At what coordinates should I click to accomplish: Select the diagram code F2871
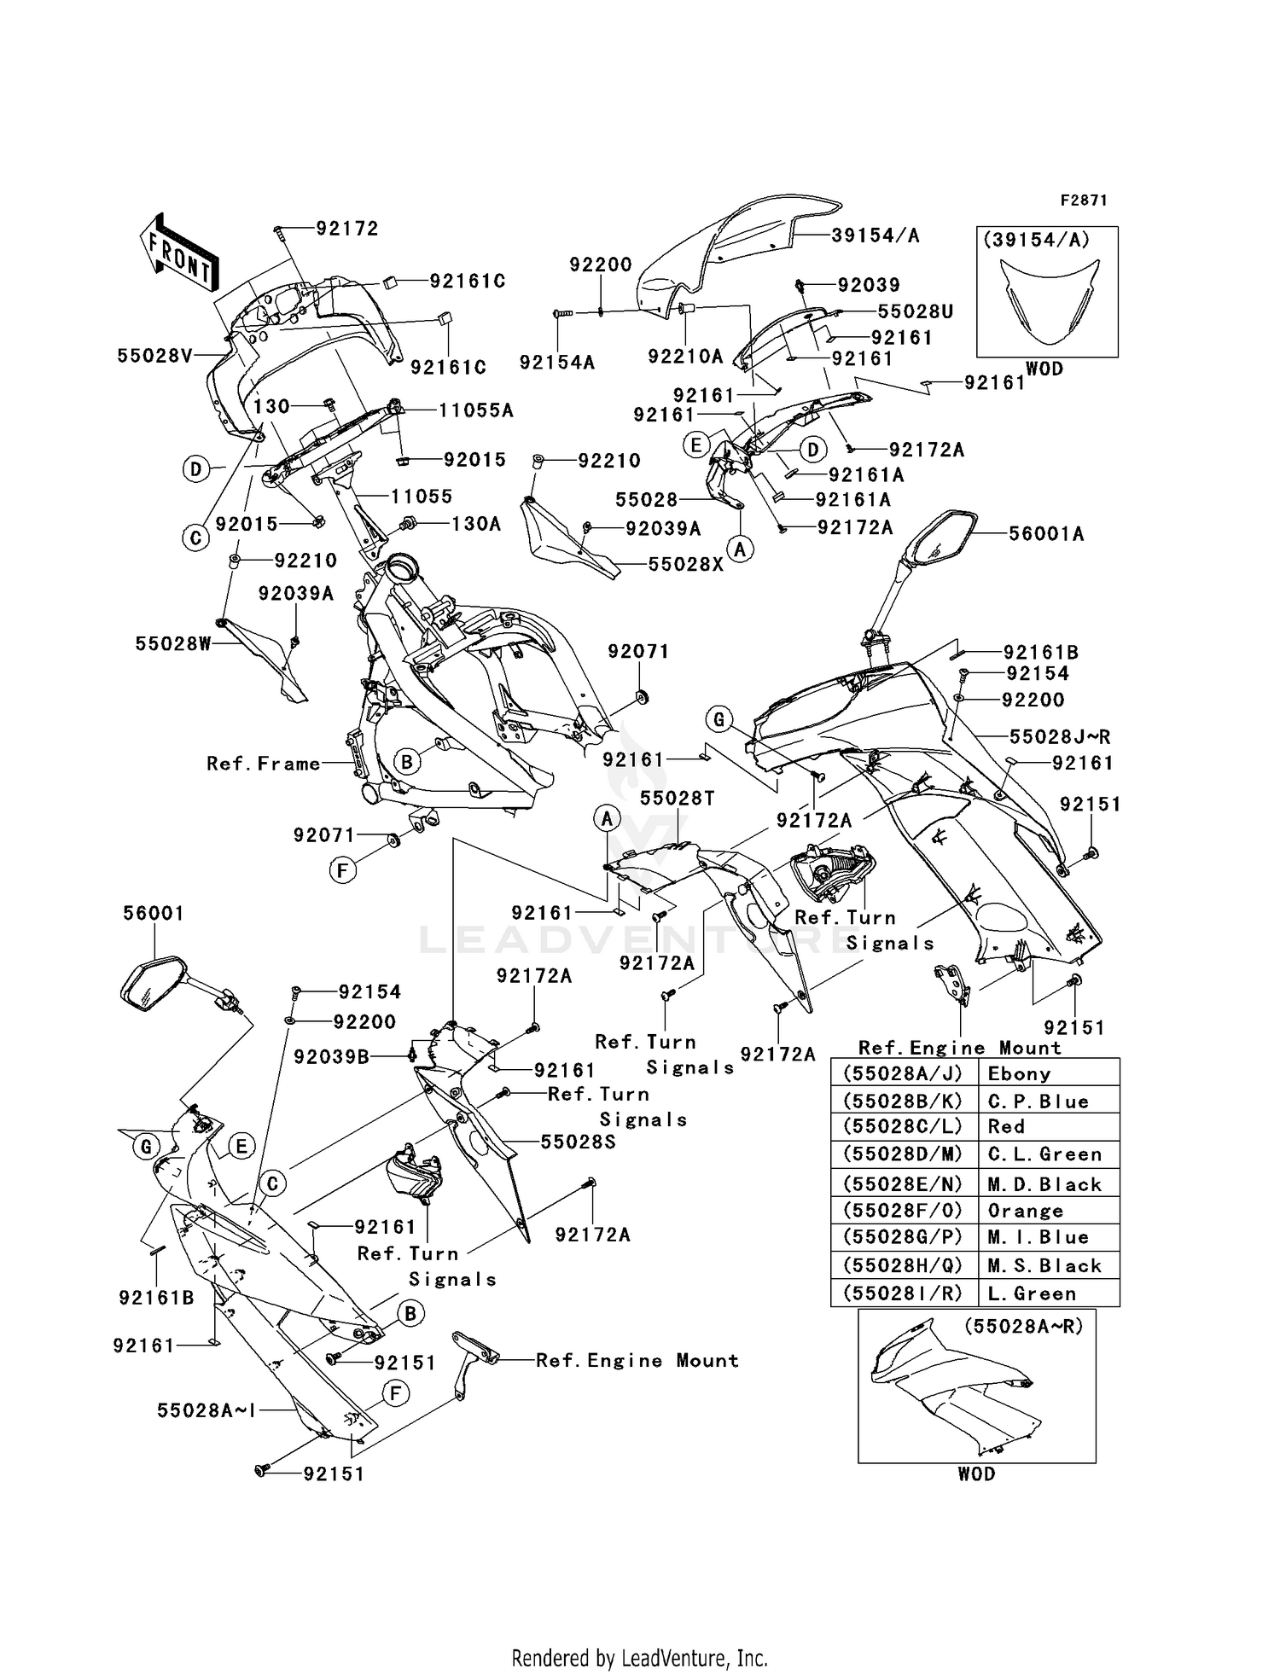pyautogui.click(x=1083, y=201)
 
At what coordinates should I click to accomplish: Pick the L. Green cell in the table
pyautogui.click(x=1032, y=1293)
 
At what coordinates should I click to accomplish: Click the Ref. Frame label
pyautogui.click(x=263, y=764)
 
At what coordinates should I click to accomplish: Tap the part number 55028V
pyautogui.click(x=155, y=356)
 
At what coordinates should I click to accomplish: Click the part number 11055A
pyautogui.click(x=476, y=410)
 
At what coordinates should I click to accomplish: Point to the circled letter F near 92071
pyautogui.click(x=342, y=870)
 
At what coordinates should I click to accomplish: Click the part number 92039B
pyautogui.click(x=331, y=1057)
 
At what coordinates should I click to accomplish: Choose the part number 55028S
pyautogui.click(x=578, y=1142)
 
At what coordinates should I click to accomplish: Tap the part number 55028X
pyautogui.click(x=685, y=564)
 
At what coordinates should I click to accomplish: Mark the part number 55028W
pyautogui.click(x=172, y=643)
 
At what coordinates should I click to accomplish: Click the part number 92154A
pyautogui.click(x=556, y=363)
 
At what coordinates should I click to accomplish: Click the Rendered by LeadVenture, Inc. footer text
pyautogui.click(x=639, y=1658)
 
